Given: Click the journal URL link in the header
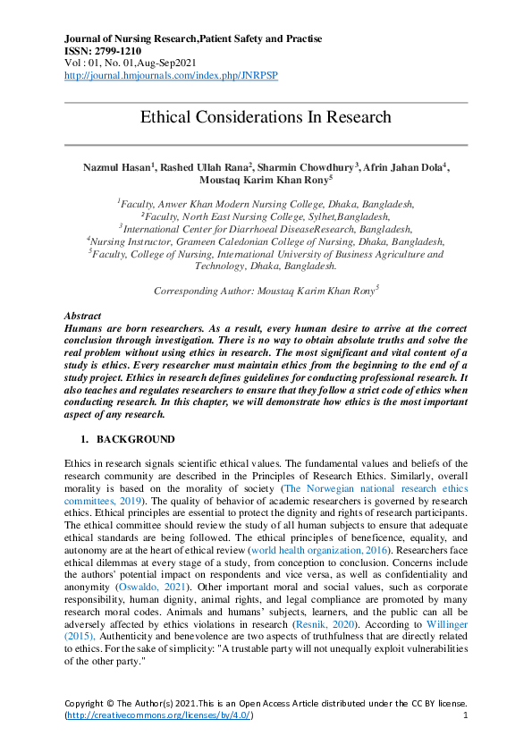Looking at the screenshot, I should click(171, 76).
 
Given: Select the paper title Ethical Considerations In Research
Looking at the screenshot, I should click(266, 117).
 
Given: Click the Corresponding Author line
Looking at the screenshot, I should click(266, 291).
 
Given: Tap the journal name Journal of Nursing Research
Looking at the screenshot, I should click(143, 39).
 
